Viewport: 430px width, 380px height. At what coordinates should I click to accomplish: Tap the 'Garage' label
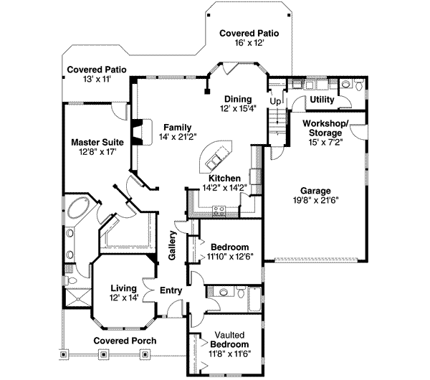(x=315, y=191)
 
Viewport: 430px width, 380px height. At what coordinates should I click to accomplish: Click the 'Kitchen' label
(x=224, y=178)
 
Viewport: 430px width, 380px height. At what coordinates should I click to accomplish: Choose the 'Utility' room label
(x=322, y=100)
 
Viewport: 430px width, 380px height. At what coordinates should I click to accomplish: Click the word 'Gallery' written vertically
(x=173, y=245)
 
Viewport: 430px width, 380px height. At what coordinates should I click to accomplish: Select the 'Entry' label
(x=171, y=290)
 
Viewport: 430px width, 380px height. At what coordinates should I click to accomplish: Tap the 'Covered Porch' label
(x=125, y=341)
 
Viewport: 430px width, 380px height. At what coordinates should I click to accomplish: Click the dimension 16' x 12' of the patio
(x=249, y=44)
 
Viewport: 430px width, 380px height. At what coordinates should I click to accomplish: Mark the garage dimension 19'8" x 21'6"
(x=315, y=201)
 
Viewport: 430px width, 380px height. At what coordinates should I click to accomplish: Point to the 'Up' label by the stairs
(x=274, y=102)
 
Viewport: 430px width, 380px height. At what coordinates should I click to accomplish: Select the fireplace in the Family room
(x=142, y=131)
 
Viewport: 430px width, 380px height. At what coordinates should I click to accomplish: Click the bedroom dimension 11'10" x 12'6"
(x=235, y=256)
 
